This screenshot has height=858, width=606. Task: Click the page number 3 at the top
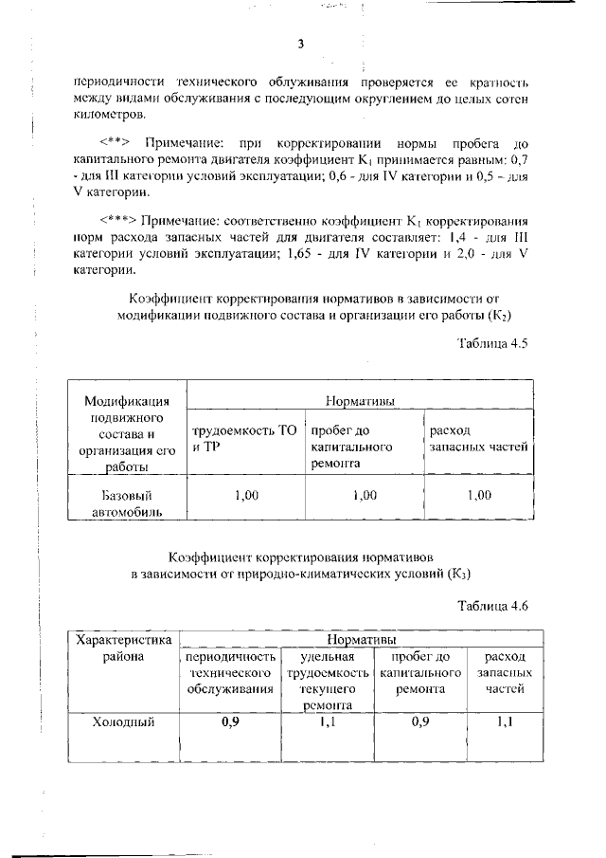pyautogui.click(x=300, y=44)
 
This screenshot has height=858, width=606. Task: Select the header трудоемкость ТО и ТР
pyautogui.click(x=244, y=438)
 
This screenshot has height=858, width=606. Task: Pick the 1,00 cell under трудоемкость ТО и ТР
pyautogui.click(x=244, y=495)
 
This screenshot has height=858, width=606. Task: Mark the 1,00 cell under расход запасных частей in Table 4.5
pyautogui.click(x=479, y=495)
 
